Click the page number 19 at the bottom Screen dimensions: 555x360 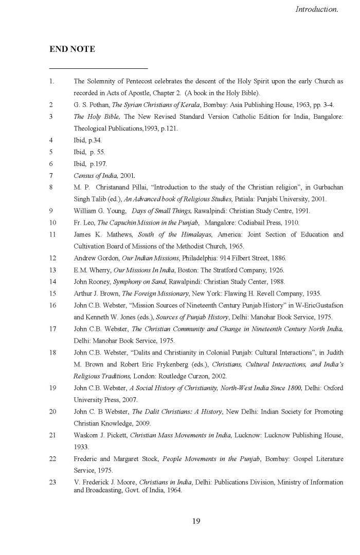[x=196, y=521]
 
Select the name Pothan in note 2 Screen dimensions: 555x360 [x=96, y=105]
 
